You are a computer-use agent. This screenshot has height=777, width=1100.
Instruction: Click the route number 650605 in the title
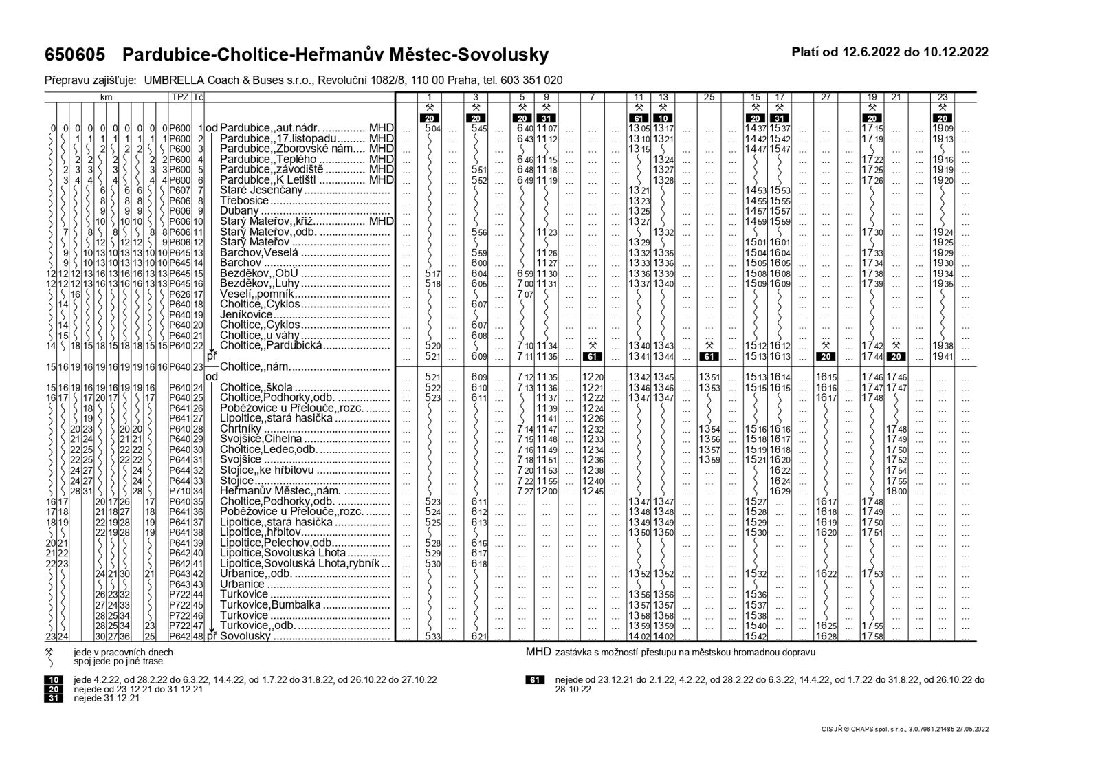click(x=75, y=54)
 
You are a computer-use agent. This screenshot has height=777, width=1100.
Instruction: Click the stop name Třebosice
click(x=244, y=201)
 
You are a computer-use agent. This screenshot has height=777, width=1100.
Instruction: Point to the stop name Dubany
click(x=239, y=211)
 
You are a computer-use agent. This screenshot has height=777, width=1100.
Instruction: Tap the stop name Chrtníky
click(x=241, y=429)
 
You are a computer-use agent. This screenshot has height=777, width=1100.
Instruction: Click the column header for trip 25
click(x=709, y=98)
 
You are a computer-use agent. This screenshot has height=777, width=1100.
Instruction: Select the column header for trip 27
click(x=826, y=98)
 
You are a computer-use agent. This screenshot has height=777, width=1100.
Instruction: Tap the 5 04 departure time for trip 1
click(x=432, y=129)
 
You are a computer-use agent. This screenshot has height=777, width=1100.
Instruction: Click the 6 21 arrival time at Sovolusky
click(x=478, y=636)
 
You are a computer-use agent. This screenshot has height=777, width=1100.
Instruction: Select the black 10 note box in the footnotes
click(x=53, y=680)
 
